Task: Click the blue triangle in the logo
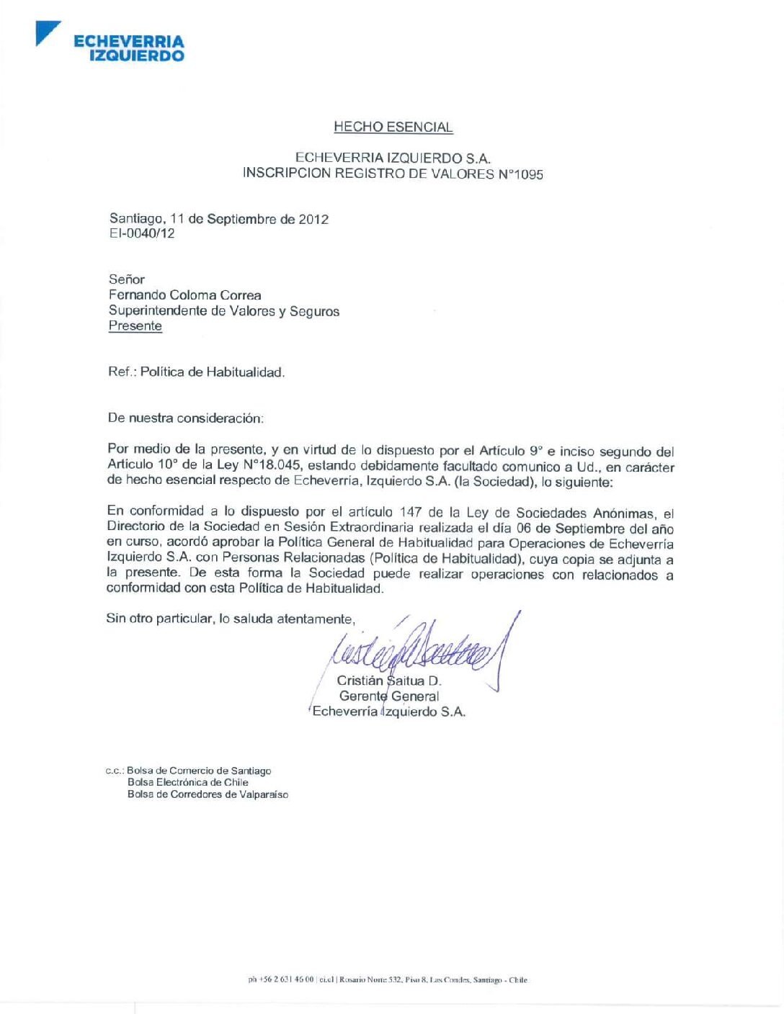click(x=45, y=32)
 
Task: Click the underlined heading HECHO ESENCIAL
click(x=393, y=127)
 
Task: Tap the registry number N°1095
click(x=520, y=174)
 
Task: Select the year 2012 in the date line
click(x=313, y=219)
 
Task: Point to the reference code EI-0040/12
click(x=142, y=233)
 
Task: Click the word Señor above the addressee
click(x=127, y=279)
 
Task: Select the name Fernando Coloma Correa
click(x=185, y=295)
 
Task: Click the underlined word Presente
click(x=135, y=326)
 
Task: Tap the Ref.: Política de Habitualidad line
click(x=197, y=372)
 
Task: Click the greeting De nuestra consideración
click(x=186, y=418)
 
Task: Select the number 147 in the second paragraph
click(x=411, y=512)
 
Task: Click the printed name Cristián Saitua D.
click(x=389, y=681)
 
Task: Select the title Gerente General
click(x=389, y=696)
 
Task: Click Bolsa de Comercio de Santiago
click(x=199, y=771)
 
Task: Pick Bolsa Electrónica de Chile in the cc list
click(x=188, y=782)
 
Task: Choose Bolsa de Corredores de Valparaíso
click(x=208, y=794)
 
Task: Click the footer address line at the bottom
click(x=388, y=980)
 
